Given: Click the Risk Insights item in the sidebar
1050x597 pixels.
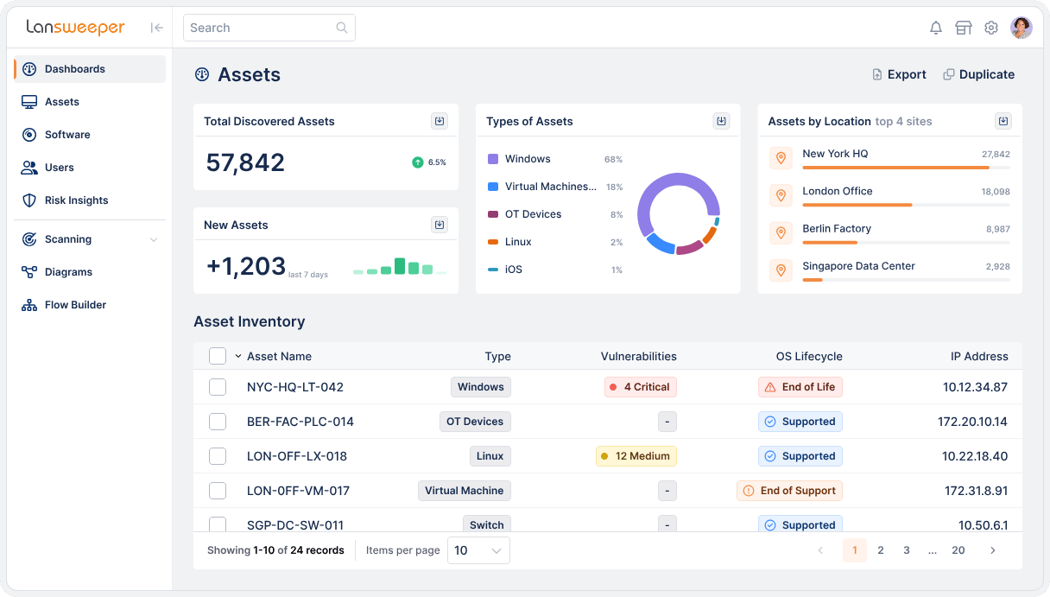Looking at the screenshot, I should tap(76, 200).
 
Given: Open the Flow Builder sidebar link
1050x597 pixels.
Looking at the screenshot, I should tap(75, 305).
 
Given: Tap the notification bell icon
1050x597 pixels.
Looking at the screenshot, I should tap(935, 28).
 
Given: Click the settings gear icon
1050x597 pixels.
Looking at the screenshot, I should tap(991, 28).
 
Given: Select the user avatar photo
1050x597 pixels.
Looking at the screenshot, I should tap(1022, 28).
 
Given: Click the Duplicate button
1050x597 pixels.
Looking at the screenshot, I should tap(978, 74).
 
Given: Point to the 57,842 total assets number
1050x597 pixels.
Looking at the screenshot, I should tap(245, 162).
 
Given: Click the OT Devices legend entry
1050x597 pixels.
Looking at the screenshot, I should tap(533, 214).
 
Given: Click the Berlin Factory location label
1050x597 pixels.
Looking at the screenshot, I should tap(836, 229).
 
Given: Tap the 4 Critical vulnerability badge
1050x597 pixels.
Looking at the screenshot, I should tap(640, 387).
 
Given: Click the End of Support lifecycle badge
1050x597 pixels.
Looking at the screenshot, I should tap(789, 491).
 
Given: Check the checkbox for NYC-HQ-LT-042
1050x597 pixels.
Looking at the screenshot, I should tap(218, 387).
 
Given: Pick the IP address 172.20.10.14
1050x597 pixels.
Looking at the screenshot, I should tap(972, 422).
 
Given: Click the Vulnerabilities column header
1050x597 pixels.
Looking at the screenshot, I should tap(638, 356).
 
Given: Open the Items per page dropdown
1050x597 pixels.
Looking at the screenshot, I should tap(478, 550).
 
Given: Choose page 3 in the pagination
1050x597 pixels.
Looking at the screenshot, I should tap(907, 550).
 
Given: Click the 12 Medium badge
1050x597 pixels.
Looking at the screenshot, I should tap(636, 456).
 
